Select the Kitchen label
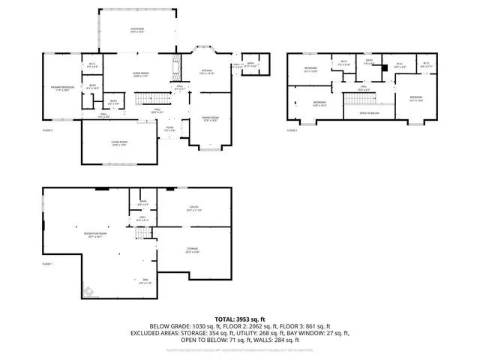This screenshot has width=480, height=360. pyautogui.click(x=207, y=72)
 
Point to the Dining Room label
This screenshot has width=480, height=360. pyautogui.click(x=211, y=118)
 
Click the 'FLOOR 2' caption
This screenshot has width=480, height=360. pyautogui.click(x=48, y=130)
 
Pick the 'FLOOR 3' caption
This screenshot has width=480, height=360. pyautogui.click(x=292, y=130)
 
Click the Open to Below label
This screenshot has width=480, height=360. pyautogui.click(x=368, y=113)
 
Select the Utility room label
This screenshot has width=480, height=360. pyautogui.click(x=195, y=209)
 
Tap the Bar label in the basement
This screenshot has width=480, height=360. pyautogui.click(x=145, y=282)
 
